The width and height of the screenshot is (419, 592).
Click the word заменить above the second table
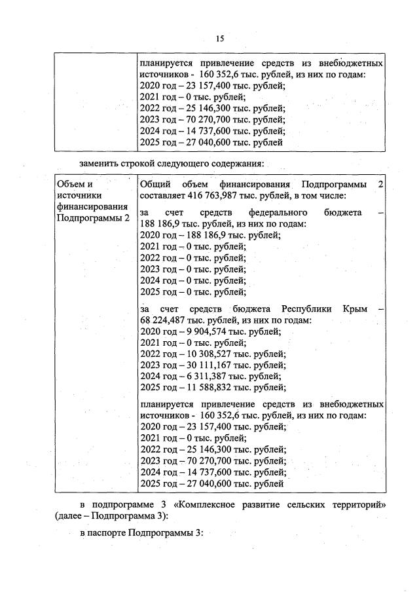click(100, 162)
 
